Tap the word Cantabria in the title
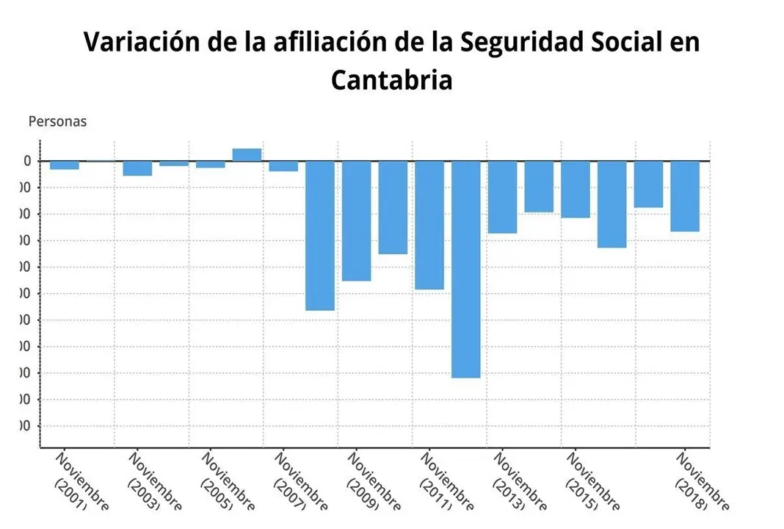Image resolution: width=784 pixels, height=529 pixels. point(391,79)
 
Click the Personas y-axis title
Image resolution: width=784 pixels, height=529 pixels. point(57,122)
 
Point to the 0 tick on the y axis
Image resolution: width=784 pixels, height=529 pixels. point(27,161)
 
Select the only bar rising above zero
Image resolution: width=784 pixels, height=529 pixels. point(247,154)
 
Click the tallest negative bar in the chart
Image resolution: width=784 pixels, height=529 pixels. point(465,269)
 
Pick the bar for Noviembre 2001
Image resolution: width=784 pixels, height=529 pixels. point(65,165)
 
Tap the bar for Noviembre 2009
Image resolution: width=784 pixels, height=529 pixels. point(356,220)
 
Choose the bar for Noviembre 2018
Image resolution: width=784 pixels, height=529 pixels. point(684,196)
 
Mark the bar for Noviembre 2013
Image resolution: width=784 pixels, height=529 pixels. point(502,197)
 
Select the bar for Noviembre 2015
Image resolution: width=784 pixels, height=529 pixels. point(575,190)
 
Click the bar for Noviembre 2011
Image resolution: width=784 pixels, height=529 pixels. point(429,225)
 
